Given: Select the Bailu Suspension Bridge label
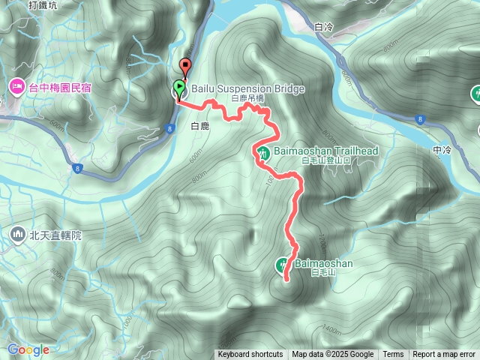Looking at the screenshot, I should (247, 89).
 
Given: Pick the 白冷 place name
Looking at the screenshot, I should (324, 28).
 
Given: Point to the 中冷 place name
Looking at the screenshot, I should (442, 151).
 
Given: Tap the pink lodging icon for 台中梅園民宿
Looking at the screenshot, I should (16, 88).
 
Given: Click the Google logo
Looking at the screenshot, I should (28, 349).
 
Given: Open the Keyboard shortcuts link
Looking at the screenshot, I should (250, 355).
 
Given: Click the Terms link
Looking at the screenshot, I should (393, 355).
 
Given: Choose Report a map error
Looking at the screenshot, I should (444, 355).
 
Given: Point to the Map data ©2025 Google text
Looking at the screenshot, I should (332, 355).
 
